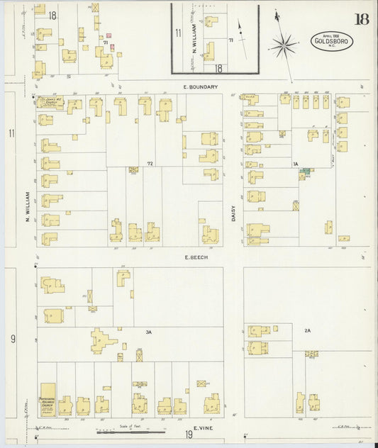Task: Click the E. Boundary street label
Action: point(199,86)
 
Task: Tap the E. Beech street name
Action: point(196,257)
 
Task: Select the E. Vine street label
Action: point(204,428)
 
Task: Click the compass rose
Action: point(284,47)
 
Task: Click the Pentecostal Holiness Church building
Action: point(48,399)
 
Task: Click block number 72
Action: point(150,163)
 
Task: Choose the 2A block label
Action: point(307,331)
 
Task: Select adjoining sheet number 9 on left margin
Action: point(13,339)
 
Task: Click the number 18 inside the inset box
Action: point(218,68)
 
